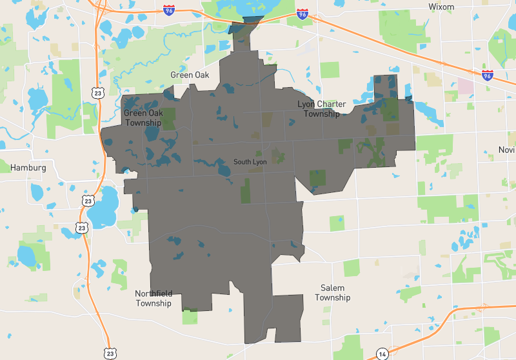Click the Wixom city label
coord(442,6)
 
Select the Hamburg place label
coord(28,168)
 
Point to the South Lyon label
coord(250,162)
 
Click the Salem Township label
coord(333,293)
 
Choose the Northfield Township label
coord(154,298)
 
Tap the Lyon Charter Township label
coord(321,109)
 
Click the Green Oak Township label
coord(143,118)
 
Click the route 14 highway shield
coord(382,354)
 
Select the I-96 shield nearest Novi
coord(488,75)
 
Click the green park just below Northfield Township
coord(190,317)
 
